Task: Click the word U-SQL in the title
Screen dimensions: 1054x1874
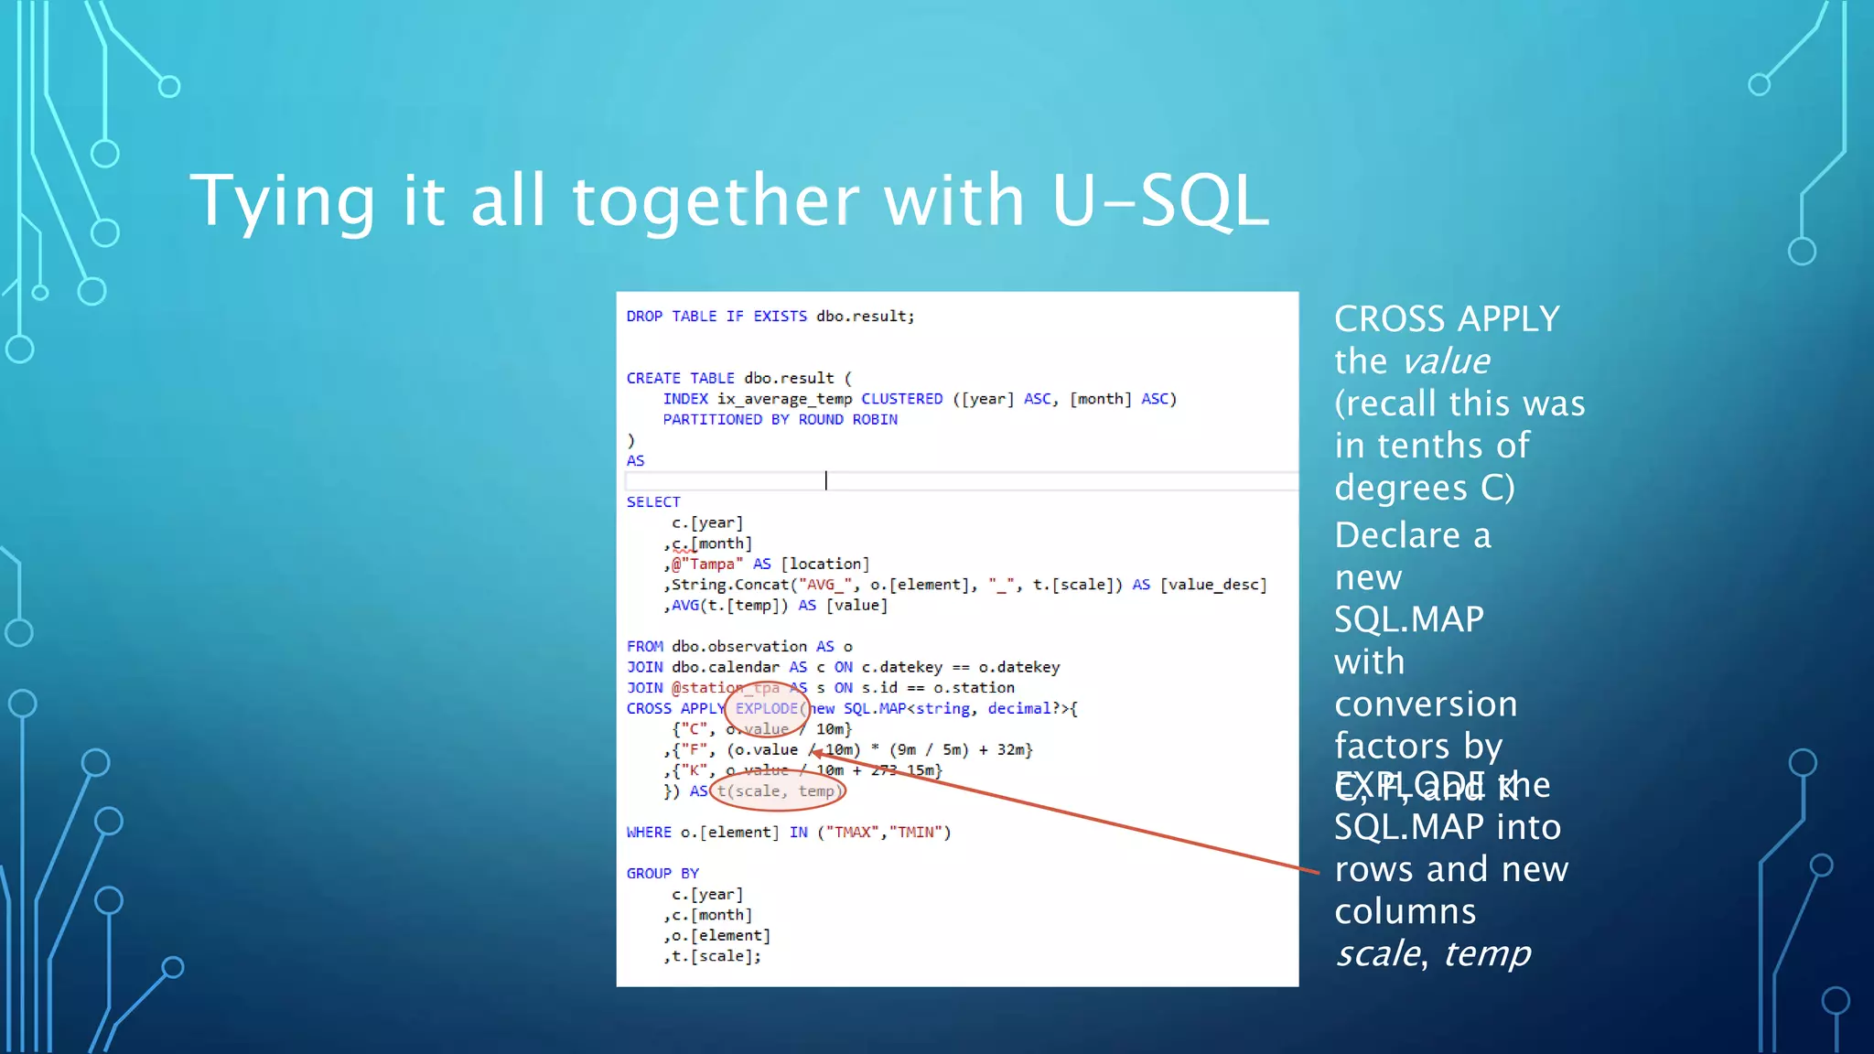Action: tap(1159, 200)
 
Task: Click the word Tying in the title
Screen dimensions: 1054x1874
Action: tap(283, 202)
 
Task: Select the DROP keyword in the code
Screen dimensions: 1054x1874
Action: tap(644, 317)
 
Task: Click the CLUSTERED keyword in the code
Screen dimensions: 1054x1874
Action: tap(901, 399)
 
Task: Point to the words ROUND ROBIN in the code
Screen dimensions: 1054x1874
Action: tap(847, 420)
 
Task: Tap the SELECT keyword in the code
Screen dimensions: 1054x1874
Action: tap(653, 502)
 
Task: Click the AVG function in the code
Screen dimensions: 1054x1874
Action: tap(684, 606)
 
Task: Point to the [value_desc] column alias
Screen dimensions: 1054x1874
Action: tap(1213, 585)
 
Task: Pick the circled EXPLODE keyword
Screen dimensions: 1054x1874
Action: tap(767, 709)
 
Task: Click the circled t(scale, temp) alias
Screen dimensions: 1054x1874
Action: tap(778, 791)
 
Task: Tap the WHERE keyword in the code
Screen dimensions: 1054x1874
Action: tap(649, 833)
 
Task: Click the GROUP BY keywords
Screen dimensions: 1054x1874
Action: tap(662, 874)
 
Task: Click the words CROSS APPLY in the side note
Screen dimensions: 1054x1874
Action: tap(1447, 319)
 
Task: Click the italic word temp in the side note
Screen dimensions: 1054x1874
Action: tap(1487, 953)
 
